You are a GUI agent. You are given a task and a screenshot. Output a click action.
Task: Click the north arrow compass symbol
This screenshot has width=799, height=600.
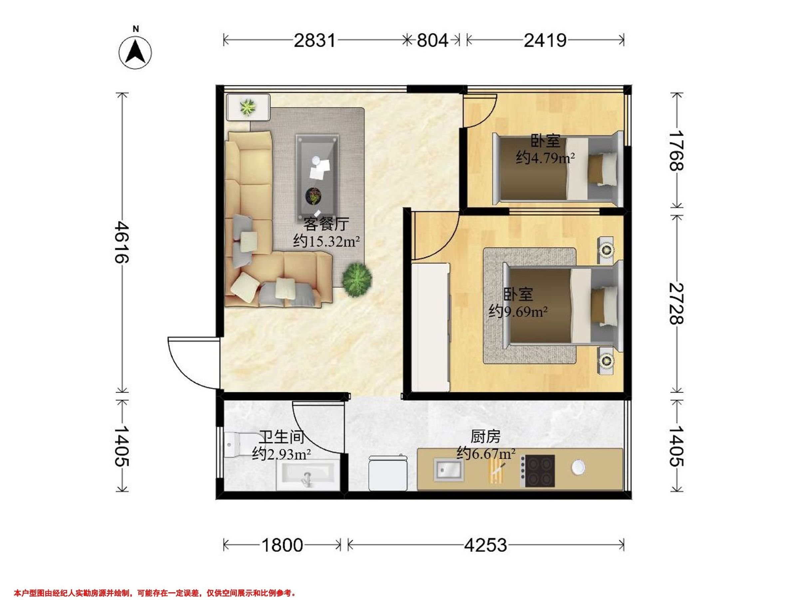point(135,52)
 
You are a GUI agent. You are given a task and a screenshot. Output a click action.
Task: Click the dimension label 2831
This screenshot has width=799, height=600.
point(315,41)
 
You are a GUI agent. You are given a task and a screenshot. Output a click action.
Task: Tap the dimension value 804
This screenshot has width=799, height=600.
point(432,41)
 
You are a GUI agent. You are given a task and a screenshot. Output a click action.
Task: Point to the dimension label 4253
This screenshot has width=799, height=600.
point(485,545)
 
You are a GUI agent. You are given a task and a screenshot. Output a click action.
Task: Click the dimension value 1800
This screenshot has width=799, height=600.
point(282,545)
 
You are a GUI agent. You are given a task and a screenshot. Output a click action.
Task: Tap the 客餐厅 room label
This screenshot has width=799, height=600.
point(326,224)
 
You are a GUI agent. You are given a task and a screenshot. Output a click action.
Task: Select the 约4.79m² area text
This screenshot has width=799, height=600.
point(545,158)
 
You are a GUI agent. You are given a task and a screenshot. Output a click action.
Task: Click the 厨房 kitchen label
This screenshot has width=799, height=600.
point(485,437)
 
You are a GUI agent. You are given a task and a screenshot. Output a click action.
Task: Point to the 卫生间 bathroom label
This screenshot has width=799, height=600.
point(282,438)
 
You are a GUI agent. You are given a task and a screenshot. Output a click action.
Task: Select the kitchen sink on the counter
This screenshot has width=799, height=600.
point(448,469)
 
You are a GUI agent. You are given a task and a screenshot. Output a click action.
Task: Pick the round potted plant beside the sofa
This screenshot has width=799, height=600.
point(357,280)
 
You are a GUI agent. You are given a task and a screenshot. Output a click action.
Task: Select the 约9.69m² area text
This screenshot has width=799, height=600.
point(518,311)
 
